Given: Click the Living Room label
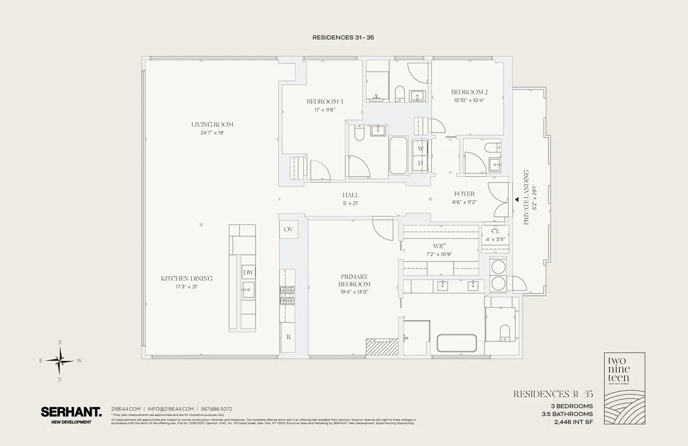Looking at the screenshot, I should click(x=212, y=125).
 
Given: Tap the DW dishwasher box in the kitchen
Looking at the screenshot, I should click(x=248, y=272).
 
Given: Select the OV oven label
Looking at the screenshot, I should click(x=288, y=229).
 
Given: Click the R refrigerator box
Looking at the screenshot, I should click(x=288, y=337).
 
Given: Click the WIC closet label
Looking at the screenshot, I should click(x=440, y=246).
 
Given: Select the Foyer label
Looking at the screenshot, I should click(x=465, y=194).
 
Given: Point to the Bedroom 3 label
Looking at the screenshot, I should click(x=325, y=102).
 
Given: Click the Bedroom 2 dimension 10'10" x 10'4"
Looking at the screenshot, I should click(x=468, y=100).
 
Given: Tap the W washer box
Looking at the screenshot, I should click(x=421, y=149).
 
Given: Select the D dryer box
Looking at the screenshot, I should click(x=421, y=163).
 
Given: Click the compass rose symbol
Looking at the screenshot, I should click(x=60, y=360).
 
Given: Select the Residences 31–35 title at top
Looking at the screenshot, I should click(x=343, y=37).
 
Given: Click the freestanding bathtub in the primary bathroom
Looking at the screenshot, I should click(x=457, y=343).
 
